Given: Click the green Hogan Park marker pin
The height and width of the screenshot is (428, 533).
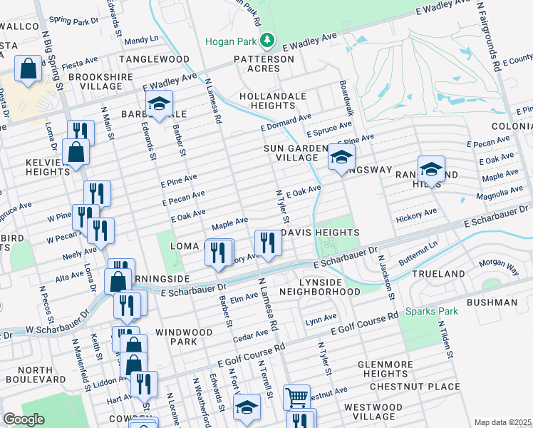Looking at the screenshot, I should pyautogui.click(x=266, y=41).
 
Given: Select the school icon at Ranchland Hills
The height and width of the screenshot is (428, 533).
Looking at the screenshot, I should pyautogui.click(x=431, y=169).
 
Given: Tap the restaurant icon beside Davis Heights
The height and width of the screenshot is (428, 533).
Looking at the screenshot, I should pyautogui.click(x=268, y=242).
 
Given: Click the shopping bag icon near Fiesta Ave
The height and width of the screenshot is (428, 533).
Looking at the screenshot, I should pyautogui.click(x=28, y=69).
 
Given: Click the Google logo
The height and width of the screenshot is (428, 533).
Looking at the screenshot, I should pyautogui.click(x=24, y=419).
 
